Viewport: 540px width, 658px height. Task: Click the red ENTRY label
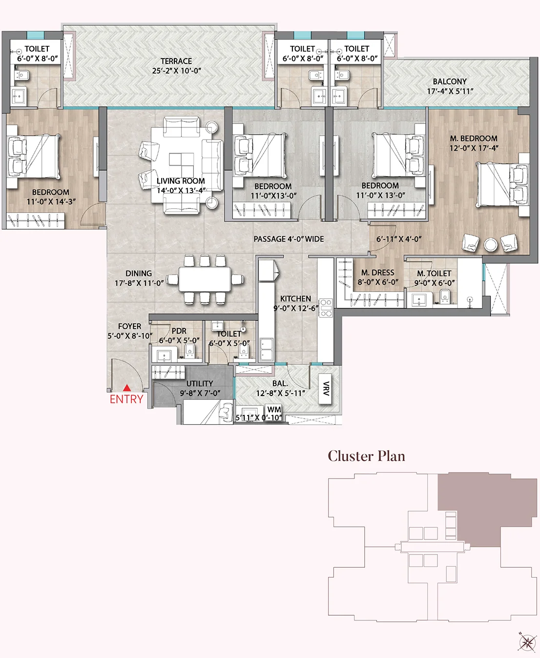click(x=126, y=399)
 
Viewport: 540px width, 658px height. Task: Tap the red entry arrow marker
click(x=126, y=388)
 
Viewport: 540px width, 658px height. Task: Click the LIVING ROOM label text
click(x=181, y=181)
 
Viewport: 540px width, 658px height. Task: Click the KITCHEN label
click(x=295, y=299)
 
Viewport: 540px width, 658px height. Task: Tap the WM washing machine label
click(x=274, y=410)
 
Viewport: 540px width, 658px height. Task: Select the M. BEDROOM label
click(x=474, y=139)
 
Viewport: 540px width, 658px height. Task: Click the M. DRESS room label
click(x=377, y=273)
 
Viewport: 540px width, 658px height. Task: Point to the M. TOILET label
click(x=434, y=274)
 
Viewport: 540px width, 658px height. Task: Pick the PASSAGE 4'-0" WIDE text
click(x=289, y=239)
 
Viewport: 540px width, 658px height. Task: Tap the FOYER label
click(x=129, y=326)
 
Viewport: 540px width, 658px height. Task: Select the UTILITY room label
click(x=200, y=383)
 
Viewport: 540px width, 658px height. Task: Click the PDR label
click(x=179, y=331)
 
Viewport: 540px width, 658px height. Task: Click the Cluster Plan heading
click(x=366, y=456)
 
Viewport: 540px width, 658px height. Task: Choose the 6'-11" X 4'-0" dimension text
click(x=399, y=239)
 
